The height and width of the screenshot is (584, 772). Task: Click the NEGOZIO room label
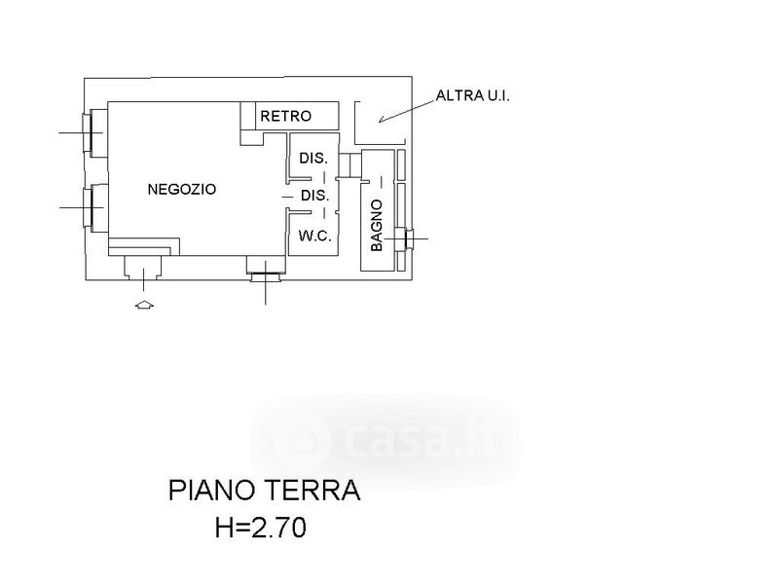181,190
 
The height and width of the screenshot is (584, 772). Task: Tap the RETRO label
285,116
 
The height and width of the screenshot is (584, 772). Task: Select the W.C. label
314,235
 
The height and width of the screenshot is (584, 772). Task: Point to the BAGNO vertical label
377,227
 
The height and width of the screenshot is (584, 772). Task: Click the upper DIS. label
312,158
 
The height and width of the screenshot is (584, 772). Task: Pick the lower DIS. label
313,196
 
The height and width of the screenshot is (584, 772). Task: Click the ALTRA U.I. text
473,95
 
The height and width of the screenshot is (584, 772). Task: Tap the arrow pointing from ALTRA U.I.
399,113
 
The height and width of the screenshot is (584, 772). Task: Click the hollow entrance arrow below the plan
143,306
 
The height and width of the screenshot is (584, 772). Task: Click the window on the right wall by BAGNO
406,237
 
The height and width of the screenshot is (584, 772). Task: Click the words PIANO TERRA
263,490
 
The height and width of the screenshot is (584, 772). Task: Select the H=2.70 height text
260,529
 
